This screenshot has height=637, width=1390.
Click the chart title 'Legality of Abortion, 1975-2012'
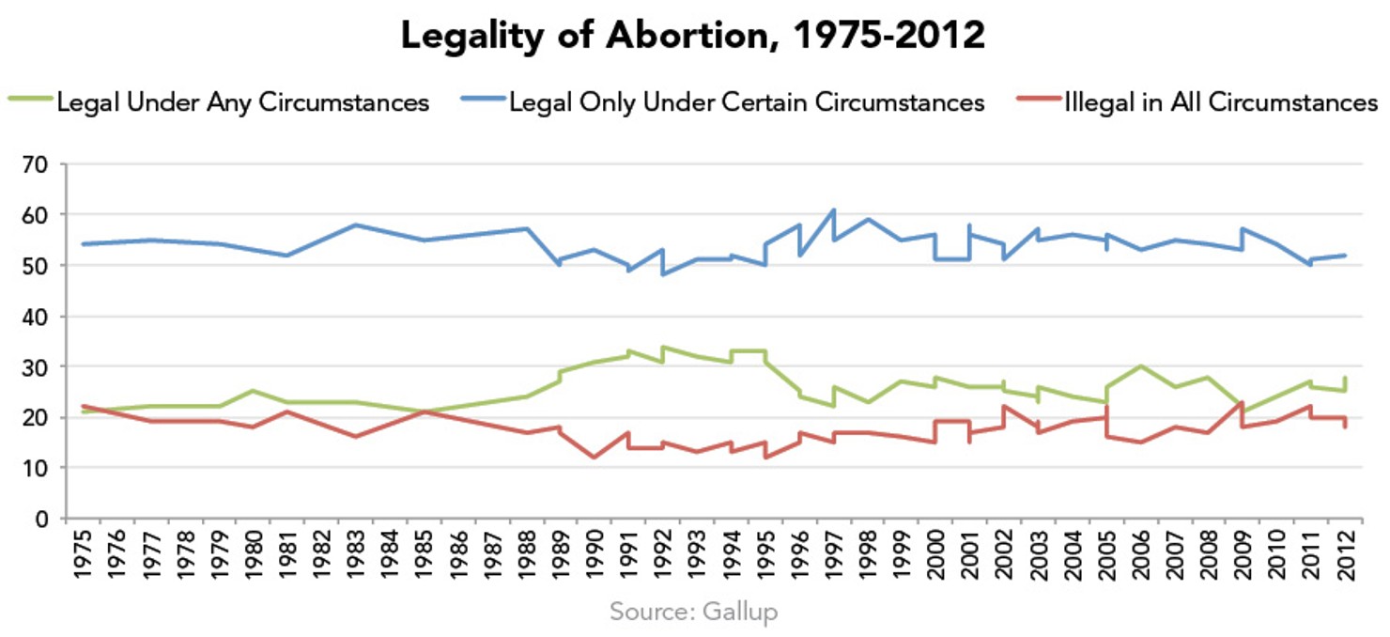693,36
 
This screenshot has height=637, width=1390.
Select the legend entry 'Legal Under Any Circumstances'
242,101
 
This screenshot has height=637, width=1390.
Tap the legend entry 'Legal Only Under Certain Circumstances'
747,101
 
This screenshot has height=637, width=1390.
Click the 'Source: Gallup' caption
694,613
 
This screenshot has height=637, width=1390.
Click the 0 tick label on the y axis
43,519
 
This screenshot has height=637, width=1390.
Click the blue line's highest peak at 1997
833,210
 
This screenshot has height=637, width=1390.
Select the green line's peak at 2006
1140,365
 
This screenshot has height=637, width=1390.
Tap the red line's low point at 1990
594,458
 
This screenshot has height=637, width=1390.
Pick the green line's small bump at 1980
253,391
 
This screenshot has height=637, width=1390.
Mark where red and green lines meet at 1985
424,412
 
